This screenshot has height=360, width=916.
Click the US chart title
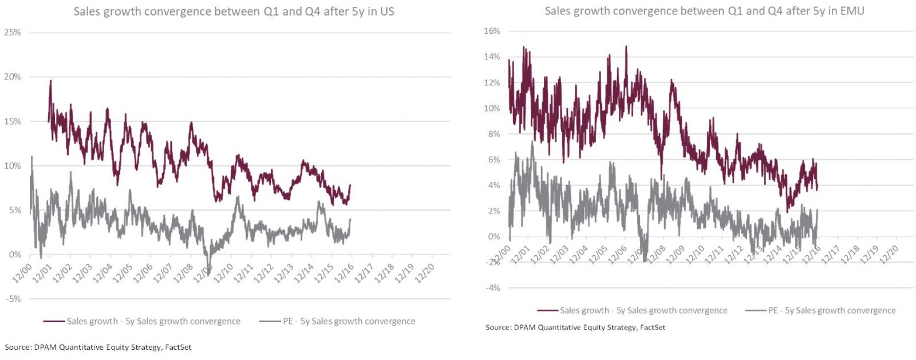[x=234, y=11]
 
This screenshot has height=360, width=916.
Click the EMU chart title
[x=704, y=11]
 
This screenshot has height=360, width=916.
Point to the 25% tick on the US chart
[x=13, y=33]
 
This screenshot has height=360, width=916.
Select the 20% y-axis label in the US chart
[x=13, y=77]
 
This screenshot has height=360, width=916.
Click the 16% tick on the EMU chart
[x=492, y=31]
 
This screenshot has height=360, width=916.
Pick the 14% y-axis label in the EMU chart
[x=492, y=57]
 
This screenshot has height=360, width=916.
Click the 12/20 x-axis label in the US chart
[x=425, y=273]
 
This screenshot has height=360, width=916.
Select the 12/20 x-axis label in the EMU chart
[x=889, y=254]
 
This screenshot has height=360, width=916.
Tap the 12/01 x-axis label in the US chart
[x=42, y=273]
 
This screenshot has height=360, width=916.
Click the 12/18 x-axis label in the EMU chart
[x=850, y=254]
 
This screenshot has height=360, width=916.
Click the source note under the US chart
[x=98, y=347]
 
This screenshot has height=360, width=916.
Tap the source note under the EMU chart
[x=575, y=327]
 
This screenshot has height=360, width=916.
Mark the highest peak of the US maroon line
[x=50, y=81]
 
